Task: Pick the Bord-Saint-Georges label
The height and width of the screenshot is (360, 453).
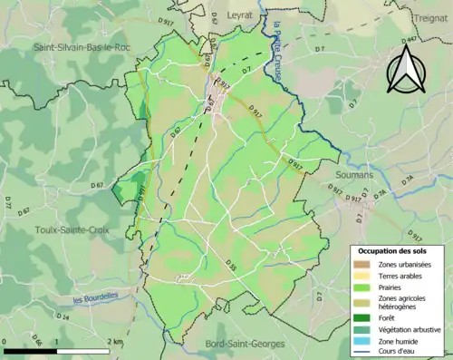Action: pos(231,344)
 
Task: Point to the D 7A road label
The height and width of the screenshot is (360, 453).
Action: pos(381,193)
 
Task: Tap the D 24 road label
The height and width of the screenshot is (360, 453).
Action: pos(63,318)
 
